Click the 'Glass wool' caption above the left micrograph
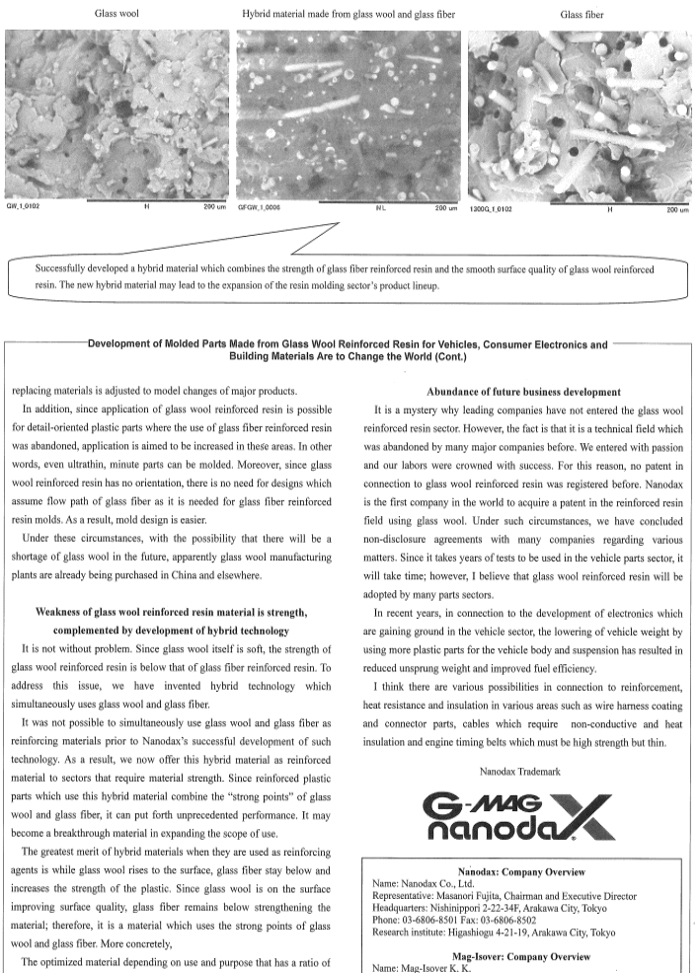[x=116, y=15]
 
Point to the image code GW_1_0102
[x=24, y=208]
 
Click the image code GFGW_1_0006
[x=260, y=208]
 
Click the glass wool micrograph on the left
[x=116, y=112]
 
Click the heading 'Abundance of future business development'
[x=524, y=392]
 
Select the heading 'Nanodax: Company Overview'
[x=524, y=872]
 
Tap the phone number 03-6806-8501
[x=440, y=914]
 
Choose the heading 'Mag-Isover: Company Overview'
[x=524, y=956]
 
